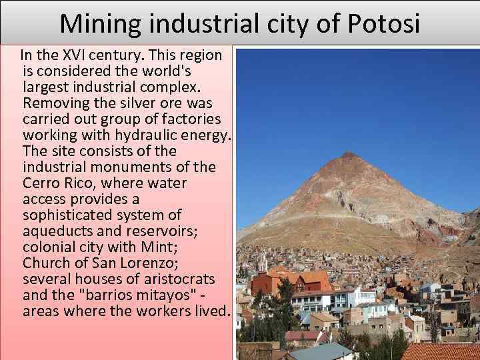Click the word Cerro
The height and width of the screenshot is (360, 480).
pos(43,183)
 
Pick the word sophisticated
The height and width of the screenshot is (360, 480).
pos(74,215)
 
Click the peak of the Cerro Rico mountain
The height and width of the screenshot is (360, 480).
pos(348,155)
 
